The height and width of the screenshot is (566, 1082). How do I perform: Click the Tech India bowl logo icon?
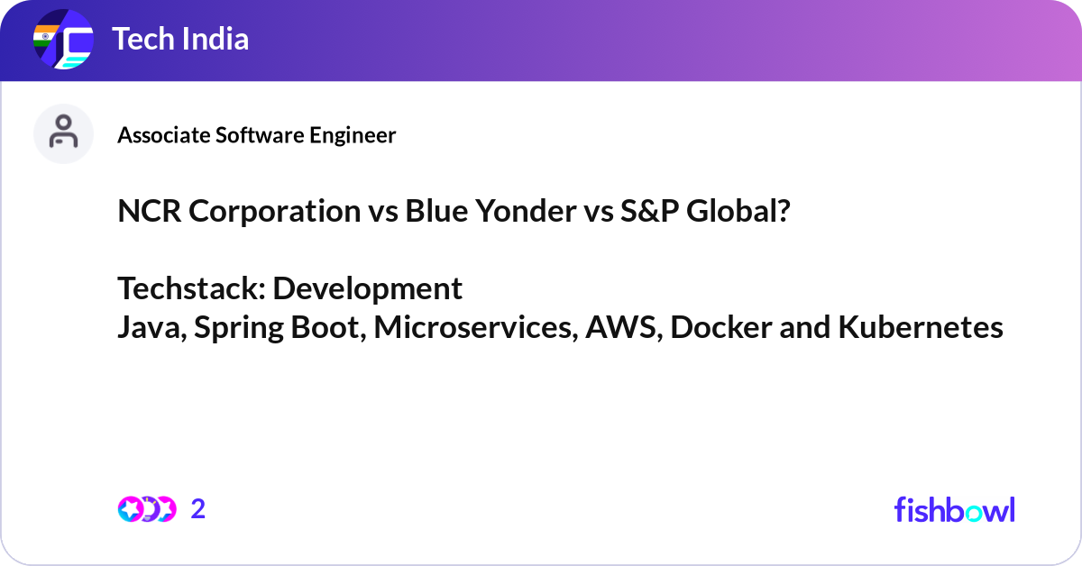tap(63, 41)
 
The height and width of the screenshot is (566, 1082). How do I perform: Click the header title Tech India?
tap(180, 40)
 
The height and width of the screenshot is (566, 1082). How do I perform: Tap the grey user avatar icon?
tap(63, 133)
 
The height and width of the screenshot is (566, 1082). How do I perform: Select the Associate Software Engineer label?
tap(257, 135)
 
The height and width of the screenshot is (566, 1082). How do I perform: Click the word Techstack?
tap(191, 288)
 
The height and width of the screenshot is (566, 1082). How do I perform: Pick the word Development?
tap(367, 288)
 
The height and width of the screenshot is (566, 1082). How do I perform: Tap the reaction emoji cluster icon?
tap(146, 509)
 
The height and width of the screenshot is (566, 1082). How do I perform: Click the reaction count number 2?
tap(198, 509)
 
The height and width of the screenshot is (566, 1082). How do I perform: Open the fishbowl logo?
tap(954, 509)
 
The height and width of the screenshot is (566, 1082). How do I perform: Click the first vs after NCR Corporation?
tap(383, 212)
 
